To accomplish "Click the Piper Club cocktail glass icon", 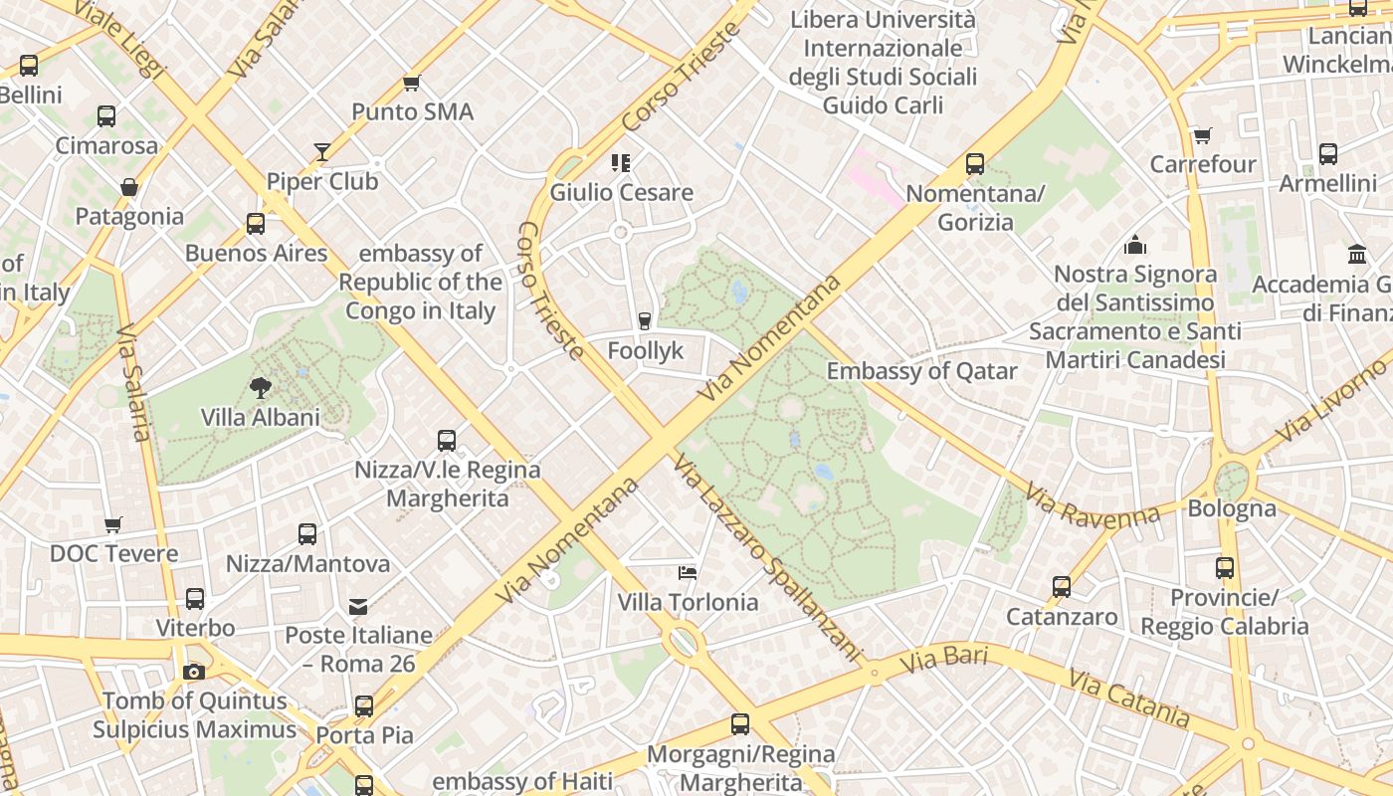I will click(322, 152).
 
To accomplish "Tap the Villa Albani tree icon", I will click(261, 387).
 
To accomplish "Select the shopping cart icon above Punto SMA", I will click(411, 83).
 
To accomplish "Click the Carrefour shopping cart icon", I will click(1202, 135).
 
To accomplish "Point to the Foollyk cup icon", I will click(645, 320).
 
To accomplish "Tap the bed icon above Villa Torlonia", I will click(687, 572).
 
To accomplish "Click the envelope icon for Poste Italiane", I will click(358, 605).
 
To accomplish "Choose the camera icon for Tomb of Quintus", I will click(194, 672).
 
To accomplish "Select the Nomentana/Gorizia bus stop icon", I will click(975, 164).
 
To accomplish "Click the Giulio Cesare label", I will click(621, 192).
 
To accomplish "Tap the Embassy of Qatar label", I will click(921, 371).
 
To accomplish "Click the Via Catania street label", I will click(1128, 697).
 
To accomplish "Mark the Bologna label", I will click(1232, 508).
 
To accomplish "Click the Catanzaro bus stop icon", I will click(1062, 587).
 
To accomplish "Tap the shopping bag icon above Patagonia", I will click(129, 187).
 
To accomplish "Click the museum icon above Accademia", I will click(1357, 255).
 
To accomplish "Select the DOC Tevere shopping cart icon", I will click(113, 524).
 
